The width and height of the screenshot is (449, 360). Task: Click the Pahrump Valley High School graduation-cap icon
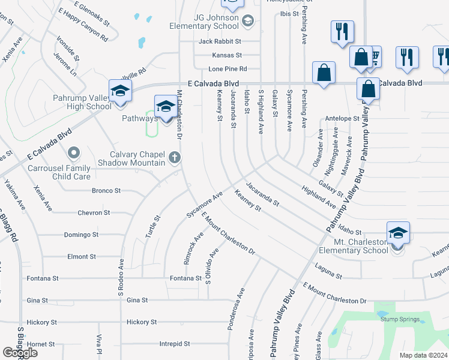pos(120,91)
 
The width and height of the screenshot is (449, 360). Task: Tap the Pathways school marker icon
pos(166,106)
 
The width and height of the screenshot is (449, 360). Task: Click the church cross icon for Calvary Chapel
pos(175,158)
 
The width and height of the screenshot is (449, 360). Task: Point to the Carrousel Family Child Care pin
pos(74,154)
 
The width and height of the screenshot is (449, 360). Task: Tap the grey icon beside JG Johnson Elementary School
pos(247,22)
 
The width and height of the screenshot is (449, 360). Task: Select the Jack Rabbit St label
pos(220,41)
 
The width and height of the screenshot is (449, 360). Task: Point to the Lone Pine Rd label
pos(228,69)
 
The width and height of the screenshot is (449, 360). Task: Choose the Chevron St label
pos(94,212)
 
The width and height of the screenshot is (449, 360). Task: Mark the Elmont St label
pos(81,256)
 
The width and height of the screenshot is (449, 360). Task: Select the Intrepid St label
pos(175,344)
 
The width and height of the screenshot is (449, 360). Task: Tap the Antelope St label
pos(342,119)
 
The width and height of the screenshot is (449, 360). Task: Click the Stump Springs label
pos(400,319)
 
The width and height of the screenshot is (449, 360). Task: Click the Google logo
pos(20,353)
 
